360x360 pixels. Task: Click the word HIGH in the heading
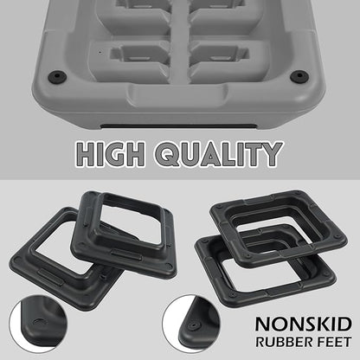pos(111,154)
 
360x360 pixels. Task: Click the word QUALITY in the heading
pos(218,154)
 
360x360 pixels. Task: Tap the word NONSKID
pos(304,325)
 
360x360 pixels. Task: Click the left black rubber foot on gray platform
pos(57,76)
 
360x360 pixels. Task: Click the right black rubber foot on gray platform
pos(299,76)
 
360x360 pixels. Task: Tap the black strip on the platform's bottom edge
pos(178,126)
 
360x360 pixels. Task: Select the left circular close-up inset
pos(38,324)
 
